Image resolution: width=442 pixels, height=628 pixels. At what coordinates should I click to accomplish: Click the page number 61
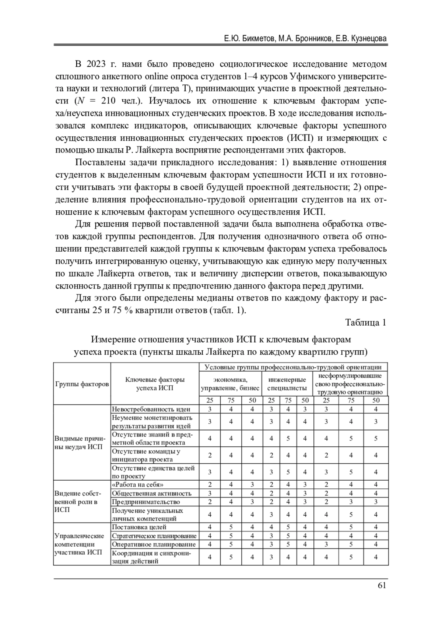382,585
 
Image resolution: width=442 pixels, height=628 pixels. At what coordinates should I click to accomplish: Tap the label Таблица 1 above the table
365,323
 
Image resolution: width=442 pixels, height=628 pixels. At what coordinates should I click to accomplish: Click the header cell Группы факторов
82,384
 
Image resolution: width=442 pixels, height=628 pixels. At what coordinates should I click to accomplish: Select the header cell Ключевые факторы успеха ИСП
155,383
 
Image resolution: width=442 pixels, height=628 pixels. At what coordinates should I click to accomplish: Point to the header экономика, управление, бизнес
230,383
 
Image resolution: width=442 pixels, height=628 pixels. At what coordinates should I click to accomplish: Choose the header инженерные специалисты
287,383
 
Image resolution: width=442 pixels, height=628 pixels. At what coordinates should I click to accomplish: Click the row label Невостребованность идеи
151,409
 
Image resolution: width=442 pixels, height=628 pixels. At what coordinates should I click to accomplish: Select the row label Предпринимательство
146,502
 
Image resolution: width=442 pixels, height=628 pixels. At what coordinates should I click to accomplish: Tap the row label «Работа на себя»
137,484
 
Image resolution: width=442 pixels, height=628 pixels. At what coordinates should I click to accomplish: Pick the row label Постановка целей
139,527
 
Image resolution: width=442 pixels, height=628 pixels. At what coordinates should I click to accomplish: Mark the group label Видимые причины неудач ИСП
80,443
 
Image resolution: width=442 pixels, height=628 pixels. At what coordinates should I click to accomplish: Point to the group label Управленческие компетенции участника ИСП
79,544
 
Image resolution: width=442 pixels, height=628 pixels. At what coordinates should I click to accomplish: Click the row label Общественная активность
151,493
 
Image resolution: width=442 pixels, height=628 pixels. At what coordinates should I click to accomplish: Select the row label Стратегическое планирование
154,536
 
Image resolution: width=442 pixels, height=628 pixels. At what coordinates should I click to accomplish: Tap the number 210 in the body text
108,101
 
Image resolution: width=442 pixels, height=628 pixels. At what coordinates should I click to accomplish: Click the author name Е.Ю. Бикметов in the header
249,39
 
